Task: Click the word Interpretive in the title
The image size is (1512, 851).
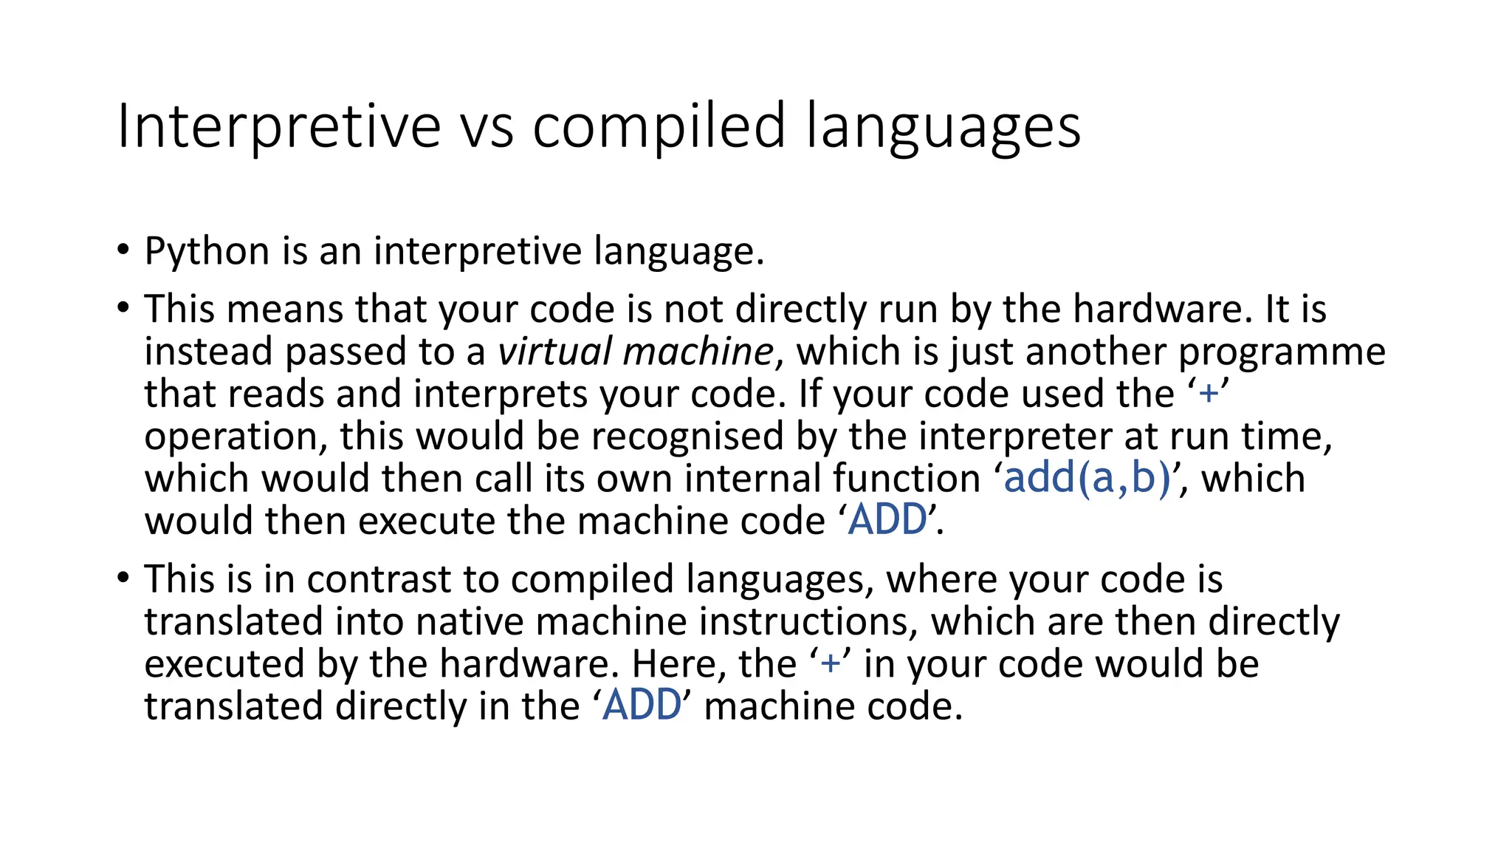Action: (x=279, y=126)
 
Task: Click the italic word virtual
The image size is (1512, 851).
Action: (x=554, y=352)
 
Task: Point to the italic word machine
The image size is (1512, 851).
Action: (x=698, y=352)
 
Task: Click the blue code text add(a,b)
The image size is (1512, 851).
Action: (x=1087, y=478)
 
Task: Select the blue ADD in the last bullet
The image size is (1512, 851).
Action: (x=642, y=705)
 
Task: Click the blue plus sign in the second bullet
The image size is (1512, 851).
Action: (x=1209, y=394)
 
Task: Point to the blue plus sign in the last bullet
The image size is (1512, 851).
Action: (x=831, y=663)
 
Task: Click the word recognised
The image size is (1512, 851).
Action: (x=687, y=437)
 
